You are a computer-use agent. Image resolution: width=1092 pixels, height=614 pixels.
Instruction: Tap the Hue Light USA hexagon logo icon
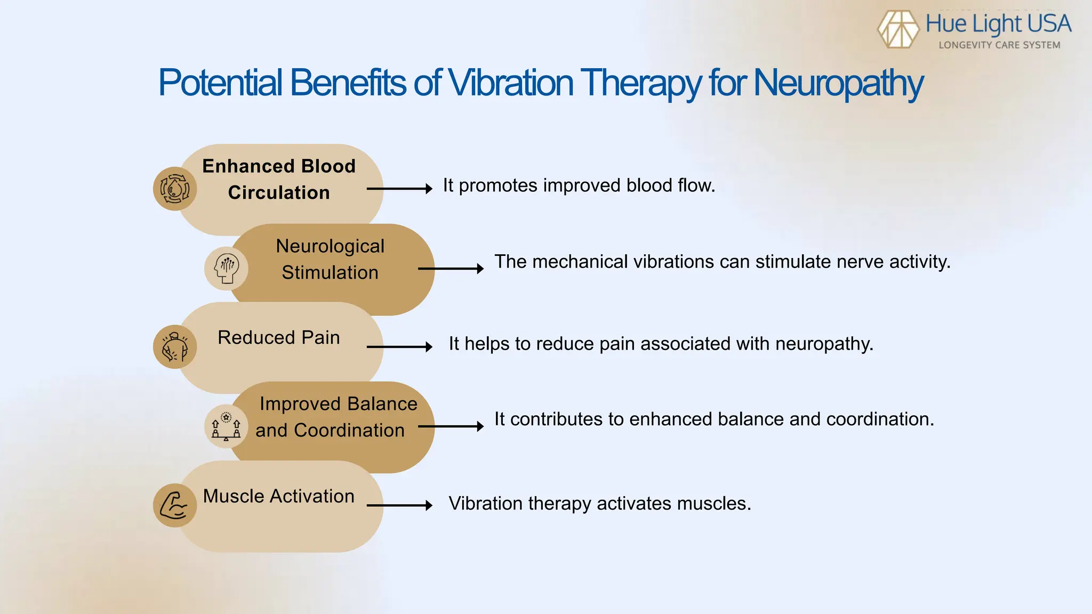(x=898, y=29)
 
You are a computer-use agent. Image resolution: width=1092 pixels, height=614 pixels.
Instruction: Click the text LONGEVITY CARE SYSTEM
(x=999, y=45)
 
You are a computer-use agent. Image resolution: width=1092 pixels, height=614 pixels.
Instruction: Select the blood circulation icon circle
(x=175, y=189)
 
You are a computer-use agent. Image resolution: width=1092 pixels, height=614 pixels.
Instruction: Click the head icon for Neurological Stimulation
(x=226, y=268)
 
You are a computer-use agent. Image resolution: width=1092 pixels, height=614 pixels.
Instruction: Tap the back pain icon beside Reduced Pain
(x=175, y=347)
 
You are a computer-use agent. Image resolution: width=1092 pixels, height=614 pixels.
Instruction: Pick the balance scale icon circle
(x=226, y=426)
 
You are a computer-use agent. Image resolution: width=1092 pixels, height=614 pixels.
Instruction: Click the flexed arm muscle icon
(x=175, y=505)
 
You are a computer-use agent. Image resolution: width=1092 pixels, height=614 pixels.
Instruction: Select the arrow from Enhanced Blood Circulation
(x=399, y=189)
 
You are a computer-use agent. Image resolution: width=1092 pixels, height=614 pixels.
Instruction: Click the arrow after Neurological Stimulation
(x=451, y=269)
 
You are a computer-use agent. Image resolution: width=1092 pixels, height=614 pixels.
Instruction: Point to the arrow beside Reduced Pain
(x=399, y=347)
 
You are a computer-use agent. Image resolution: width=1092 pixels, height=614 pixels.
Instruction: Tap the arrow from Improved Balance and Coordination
(x=451, y=426)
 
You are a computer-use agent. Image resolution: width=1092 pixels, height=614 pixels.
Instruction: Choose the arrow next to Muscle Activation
(x=399, y=505)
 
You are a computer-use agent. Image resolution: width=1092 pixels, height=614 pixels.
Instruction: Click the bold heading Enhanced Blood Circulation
(x=279, y=179)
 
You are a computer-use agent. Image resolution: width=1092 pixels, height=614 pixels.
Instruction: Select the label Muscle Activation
(x=279, y=496)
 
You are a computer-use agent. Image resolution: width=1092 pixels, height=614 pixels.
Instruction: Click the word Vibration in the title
(x=510, y=84)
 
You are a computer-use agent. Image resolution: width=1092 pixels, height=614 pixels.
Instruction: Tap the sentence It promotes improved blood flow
(x=579, y=185)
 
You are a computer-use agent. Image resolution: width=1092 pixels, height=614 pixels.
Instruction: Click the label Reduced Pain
(x=279, y=337)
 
